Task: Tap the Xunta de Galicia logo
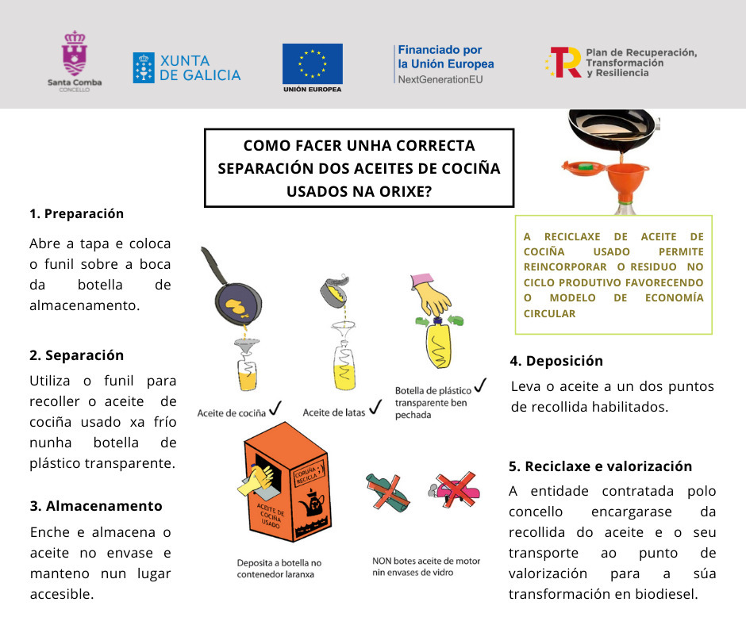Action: pyautogui.click(x=186, y=68)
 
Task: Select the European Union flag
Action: pyautogui.click(x=313, y=63)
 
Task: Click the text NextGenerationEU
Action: pyautogui.click(x=440, y=79)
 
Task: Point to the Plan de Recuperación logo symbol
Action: pyautogui.click(x=564, y=62)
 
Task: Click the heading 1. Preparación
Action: pyautogui.click(x=76, y=213)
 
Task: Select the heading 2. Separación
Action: pyautogui.click(x=76, y=355)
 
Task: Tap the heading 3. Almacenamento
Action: pyautogui.click(x=95, y=505)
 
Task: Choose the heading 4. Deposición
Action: pyautogui.click(x=556, y=361)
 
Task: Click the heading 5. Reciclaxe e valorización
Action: pyautogui.click(x=600, y=466)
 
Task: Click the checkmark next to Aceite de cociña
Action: pyautogui.click(x=275, y=408)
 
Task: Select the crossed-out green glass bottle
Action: pyautogui.click(x=388, y=493)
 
